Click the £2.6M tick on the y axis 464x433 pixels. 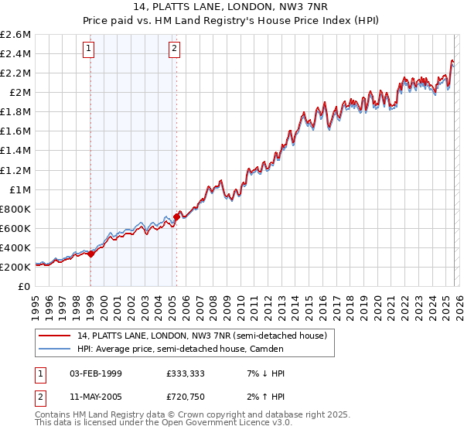point(16,35)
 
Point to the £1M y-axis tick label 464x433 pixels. point(20,189)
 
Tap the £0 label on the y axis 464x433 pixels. point(26,286)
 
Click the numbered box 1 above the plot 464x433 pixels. point(90,49)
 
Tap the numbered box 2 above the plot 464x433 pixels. point(175,49)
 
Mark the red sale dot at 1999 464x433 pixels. point(91,253)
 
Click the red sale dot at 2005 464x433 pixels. point(176,217)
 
